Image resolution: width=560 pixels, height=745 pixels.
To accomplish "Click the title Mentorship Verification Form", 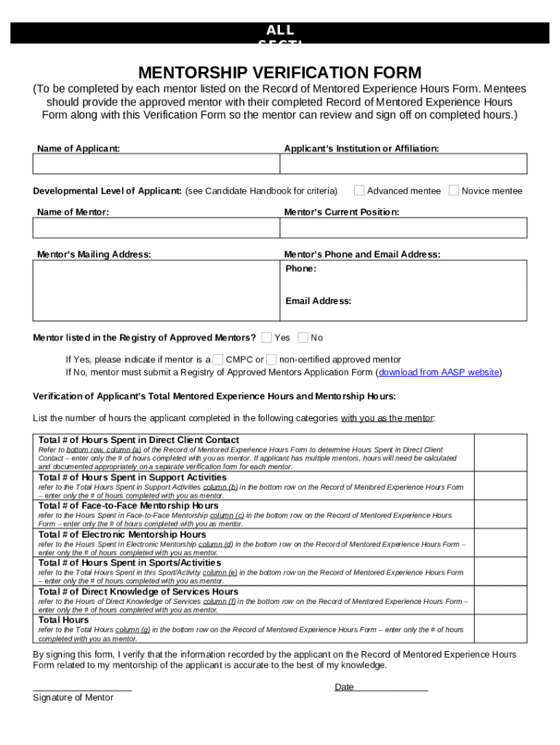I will [x=280, y=73].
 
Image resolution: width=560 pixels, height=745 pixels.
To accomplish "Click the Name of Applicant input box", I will [x=156, y=164].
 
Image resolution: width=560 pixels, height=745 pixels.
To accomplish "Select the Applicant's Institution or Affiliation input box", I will [x=403, y=164].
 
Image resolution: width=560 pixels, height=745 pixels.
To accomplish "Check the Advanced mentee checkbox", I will [x=359, y=191].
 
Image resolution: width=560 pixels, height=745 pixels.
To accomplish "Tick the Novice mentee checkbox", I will [x=454, y=191].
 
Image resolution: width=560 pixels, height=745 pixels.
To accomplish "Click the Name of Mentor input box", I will [x=156, y=228].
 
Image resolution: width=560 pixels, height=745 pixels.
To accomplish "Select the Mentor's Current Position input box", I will [x=403, y=228].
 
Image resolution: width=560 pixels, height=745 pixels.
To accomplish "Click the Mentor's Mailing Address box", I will [x=156, y=290].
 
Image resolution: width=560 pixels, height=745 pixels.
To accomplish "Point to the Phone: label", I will [x=300, y=268].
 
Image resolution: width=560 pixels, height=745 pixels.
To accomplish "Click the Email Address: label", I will [x=318, y=300].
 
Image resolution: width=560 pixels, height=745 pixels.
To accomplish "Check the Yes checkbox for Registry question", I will [x=267, y=338].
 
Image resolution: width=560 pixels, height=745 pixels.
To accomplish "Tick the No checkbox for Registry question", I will [x=303, y=338].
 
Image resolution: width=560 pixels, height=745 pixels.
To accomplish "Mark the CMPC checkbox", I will [x=218, y=359].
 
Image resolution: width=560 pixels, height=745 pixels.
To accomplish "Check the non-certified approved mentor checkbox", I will [x=271, y=359].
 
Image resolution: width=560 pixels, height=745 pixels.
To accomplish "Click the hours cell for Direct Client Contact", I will [x=500, y=453].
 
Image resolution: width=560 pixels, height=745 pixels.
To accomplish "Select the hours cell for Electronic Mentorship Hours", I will [x=500, y=543].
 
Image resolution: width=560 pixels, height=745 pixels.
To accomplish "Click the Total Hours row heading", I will [x=64, y=620].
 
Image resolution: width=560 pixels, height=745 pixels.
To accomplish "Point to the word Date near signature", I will [x=344, y=687].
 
